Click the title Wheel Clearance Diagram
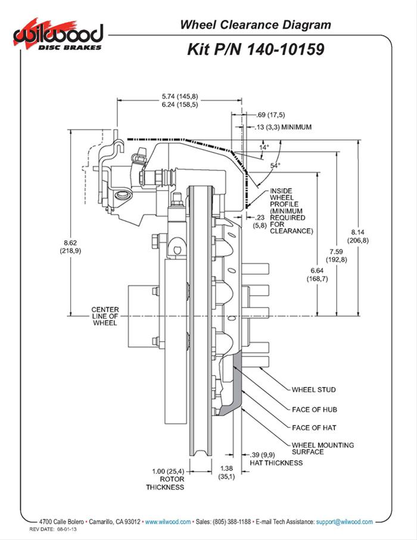256,24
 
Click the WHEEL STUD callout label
313,390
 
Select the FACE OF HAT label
314,427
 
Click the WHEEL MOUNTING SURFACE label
322,448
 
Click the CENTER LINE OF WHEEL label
104,316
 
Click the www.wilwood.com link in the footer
168,522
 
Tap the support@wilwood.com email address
344,522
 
